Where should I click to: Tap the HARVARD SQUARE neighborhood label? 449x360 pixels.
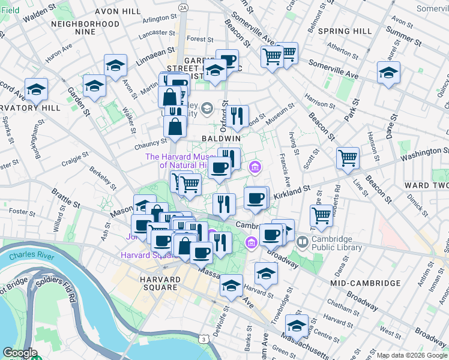158,283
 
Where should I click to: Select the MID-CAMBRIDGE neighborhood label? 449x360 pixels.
364,283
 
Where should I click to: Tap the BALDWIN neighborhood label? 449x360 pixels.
221,138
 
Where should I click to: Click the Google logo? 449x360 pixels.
20,353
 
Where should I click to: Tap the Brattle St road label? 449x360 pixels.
65,199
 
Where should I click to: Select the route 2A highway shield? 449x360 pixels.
183,7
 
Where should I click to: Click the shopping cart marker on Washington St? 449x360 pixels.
348,158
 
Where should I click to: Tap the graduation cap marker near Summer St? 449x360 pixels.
389,73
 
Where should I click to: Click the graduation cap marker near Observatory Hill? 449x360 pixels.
37,89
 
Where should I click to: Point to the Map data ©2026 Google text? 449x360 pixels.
412,355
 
